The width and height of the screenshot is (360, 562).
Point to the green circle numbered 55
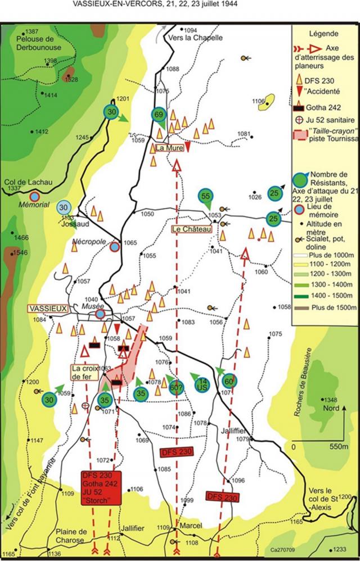coord(205,196)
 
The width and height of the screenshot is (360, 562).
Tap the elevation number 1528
coord(71,80)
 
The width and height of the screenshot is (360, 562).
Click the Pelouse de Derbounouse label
coord(40,42)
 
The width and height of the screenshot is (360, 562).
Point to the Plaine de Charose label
coord(71,536)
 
